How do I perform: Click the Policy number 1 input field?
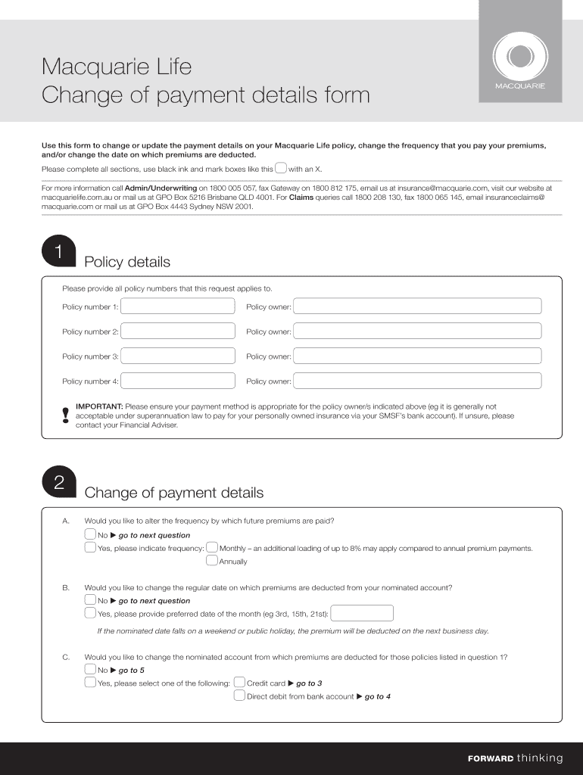pos(178,307)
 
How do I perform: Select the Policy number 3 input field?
pos(178,356)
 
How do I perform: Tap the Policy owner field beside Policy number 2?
pos(417,331)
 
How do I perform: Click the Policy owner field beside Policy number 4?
pos(417,381)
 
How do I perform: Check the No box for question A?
pos(90,535)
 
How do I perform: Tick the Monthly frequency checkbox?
pos(212,548)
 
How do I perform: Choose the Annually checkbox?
pos(212,561)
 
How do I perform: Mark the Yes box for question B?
pos(90,614)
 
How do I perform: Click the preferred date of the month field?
pos(363,614)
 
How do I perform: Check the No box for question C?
pos(90,670)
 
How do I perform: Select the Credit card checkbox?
pos(239,683)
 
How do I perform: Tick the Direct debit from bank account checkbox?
pos(239,696)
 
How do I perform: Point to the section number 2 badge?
pos(58,484)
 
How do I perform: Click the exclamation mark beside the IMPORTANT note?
pos(67,415)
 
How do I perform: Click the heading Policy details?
pos(127,263)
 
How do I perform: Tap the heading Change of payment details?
pos(174,493)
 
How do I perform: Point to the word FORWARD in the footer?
pos(491,758)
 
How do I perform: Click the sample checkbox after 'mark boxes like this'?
pos(280,168)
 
